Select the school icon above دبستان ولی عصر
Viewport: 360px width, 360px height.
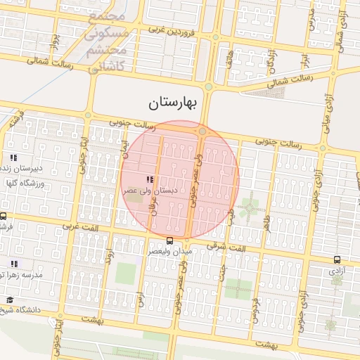point(148,179)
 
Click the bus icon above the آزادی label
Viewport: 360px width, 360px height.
point(336,259)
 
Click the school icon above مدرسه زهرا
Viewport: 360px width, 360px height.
point(13,264)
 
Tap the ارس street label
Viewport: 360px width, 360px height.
point(139,301)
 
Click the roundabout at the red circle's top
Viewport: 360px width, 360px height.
point(202,131)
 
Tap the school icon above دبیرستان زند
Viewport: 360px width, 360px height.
point(13,157)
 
